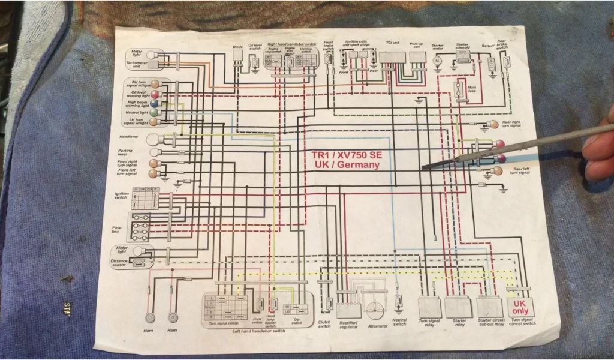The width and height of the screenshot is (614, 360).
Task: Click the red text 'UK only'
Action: [519, 308]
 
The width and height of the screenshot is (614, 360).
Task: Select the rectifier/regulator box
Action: [349, 310]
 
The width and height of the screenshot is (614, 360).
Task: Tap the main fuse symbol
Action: [462, 91]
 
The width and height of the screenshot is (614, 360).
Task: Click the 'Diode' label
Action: [237, 46]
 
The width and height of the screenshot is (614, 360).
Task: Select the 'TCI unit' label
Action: [393, 44]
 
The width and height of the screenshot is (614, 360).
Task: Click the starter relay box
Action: [459, 307]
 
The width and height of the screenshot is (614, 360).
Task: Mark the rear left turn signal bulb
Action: [496, 171]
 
